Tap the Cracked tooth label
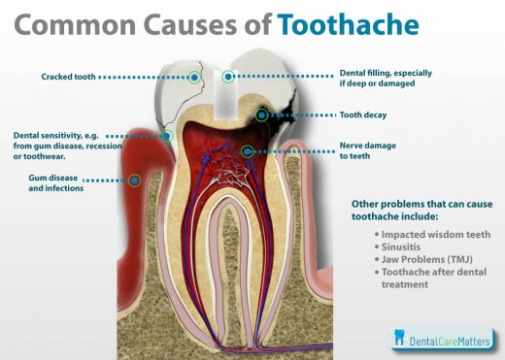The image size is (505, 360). click(67, 76)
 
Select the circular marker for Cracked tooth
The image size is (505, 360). click(195, 76)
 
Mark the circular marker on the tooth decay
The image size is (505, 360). click(261, 115)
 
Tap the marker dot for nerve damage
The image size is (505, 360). click(248, 150)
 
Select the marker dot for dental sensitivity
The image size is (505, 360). click(168, 137)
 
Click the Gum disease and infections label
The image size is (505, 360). click(53, 183)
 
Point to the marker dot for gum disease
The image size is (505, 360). click(135, 180)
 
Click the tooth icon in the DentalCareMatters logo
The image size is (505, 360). click(398, 338)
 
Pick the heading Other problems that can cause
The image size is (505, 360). click(420, 205)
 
